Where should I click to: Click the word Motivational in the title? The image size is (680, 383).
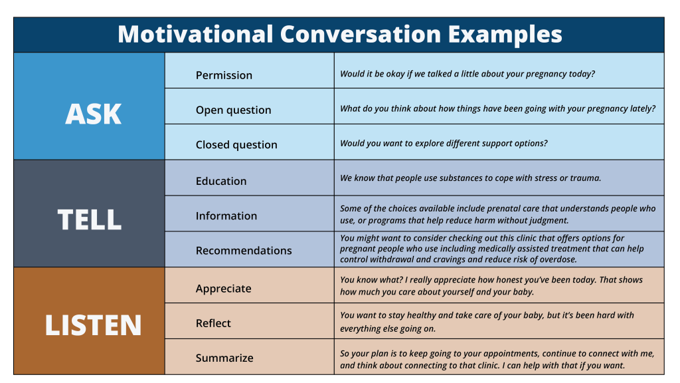coord(196,34)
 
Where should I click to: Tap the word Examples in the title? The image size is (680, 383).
coord(505,35)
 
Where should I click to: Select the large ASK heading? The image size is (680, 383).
coord(93,114)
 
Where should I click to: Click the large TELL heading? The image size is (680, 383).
coord(90,219)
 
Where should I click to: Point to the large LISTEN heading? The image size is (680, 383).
coord(93,325)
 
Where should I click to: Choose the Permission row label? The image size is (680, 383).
coord(224,75)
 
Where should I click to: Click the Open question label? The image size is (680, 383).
coord(233,110)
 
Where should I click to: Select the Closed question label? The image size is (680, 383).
coord(236,144)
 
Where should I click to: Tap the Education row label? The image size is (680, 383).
coord(221,181)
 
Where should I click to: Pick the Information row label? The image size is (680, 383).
coord(226,216)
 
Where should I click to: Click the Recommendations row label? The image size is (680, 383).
coord(244,251)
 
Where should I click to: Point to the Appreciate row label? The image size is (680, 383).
coord(223,289)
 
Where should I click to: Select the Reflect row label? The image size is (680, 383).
coord(213,323)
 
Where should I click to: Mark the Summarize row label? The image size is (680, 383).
coord(224,358)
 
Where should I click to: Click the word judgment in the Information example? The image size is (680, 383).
coord(548,221)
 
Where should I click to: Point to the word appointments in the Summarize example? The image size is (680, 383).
coord(511,354)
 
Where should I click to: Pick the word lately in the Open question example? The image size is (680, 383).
coord(643,108)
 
